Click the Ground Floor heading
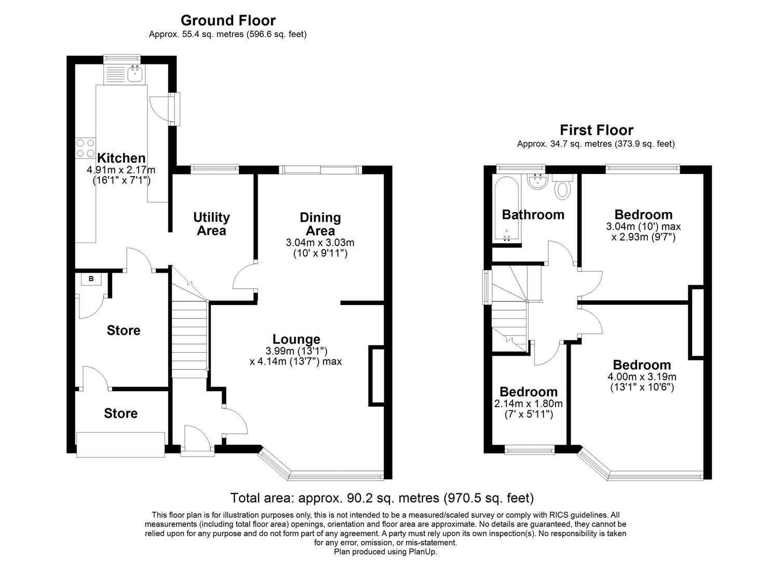pyautogui.click(x=228, y=21)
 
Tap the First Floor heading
pyautogui.click(x=597, y=130)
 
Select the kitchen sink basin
pyautogui.click(x=136, y=74)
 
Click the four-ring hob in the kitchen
pyautogui.click(x=85, y=148)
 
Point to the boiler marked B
pyautogui.click(x=91, y=279)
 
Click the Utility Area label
pyautogui.click(x=211, y=224)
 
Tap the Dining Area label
pyautogui.click(x=320, y=224)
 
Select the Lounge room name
pyautogui.click(x=296, y=339)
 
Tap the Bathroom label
pyautogui.click(x=533, y=215)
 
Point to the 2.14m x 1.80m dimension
pyautogui.click(x=529, y=404)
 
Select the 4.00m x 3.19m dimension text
pyautogui.click(x=642, y=377)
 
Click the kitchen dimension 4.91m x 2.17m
pyautogui.click(x=121, y=170)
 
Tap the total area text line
pyautogui.click(x=382, y=498)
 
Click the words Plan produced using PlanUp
pyautogui.click(x=385, y=552)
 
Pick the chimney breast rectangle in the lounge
pyautogui.click(x=376, y=376)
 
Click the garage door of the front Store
pyautogui.click(x=120, y=445)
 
